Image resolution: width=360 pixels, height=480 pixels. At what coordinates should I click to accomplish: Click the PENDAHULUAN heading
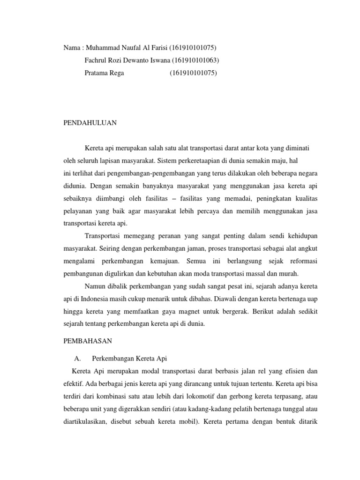[x=90, y=123]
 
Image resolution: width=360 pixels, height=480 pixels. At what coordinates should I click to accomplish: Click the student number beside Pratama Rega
[x=193, y=73]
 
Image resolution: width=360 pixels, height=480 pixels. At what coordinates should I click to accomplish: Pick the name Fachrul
[x=96, y=60]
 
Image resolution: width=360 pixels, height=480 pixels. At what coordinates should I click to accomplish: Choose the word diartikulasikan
[x=88, y=420]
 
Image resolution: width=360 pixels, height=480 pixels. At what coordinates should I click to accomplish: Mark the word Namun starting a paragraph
[x=95, y=285]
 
